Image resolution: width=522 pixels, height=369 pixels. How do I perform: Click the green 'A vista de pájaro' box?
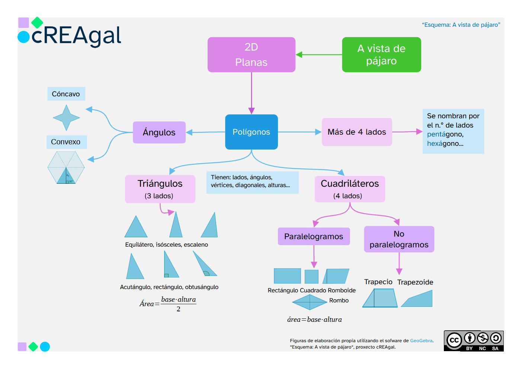click(x=381, y=55)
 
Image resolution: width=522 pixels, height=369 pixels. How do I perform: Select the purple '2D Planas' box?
click(x=251, y=55)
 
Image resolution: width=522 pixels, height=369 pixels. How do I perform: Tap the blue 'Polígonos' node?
click(x=251, y=132)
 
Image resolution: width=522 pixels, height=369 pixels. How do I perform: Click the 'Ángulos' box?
click(x=159, y=132)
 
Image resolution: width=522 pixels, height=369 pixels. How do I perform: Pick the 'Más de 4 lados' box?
click(x=356, y=132)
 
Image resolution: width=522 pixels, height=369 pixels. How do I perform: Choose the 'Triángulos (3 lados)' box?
click(x=160, y=189)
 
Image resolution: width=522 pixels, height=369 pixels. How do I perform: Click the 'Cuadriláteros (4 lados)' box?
click(x=350, y=189)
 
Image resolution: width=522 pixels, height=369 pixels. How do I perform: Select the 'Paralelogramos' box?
click(x=314, y=237)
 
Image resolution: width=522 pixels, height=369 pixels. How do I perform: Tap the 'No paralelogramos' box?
click(x=399, y=239)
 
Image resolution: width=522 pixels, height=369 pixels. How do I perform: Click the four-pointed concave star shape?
click(x=66, y=118)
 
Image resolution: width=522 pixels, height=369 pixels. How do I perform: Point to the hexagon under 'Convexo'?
click(x=66, y=167)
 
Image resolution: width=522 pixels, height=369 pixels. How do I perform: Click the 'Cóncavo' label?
click(x=66, y=94)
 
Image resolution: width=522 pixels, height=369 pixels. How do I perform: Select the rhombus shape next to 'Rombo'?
click(x=309, y=302)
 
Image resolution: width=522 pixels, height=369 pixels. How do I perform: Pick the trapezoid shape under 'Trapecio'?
click(x=380, y=298)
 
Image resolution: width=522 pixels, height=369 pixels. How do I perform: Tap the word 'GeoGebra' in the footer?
click(x=421, y=341)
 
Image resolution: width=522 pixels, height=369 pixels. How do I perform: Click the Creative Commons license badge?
click(x=473, y=341)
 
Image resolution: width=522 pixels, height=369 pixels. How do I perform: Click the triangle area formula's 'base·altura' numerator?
click(x=178, y=299)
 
